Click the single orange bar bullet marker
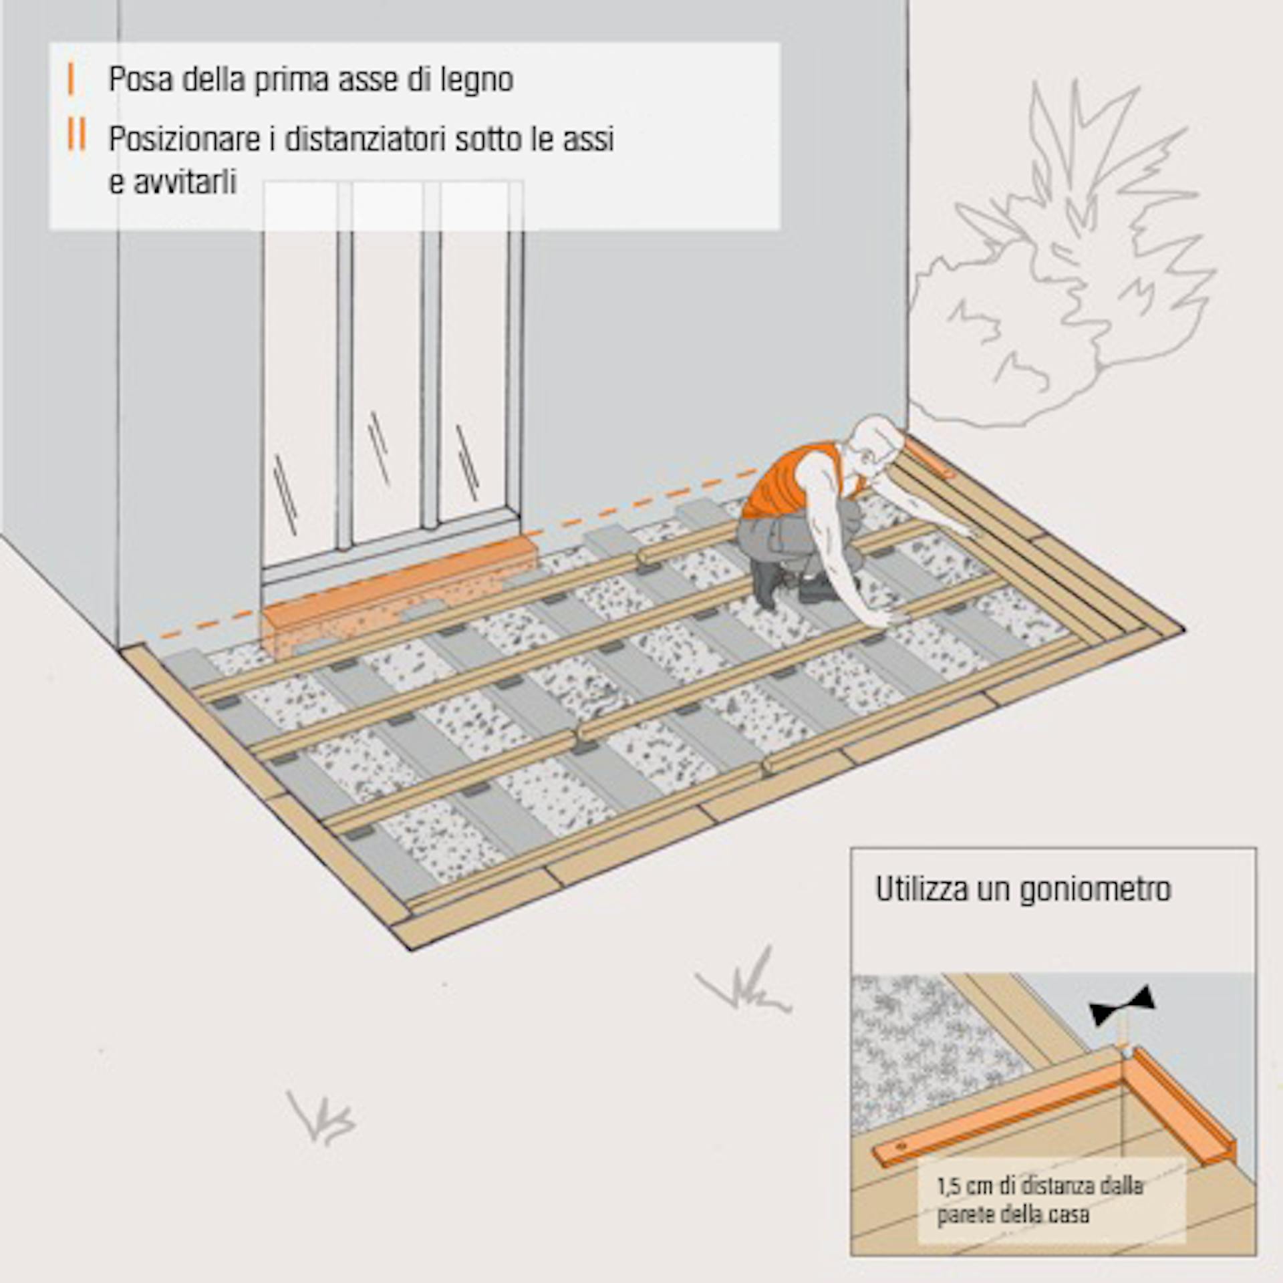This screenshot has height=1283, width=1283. point(71,79)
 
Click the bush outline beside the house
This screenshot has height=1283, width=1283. point(1069,267)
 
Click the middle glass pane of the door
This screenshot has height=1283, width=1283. point(388,374)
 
